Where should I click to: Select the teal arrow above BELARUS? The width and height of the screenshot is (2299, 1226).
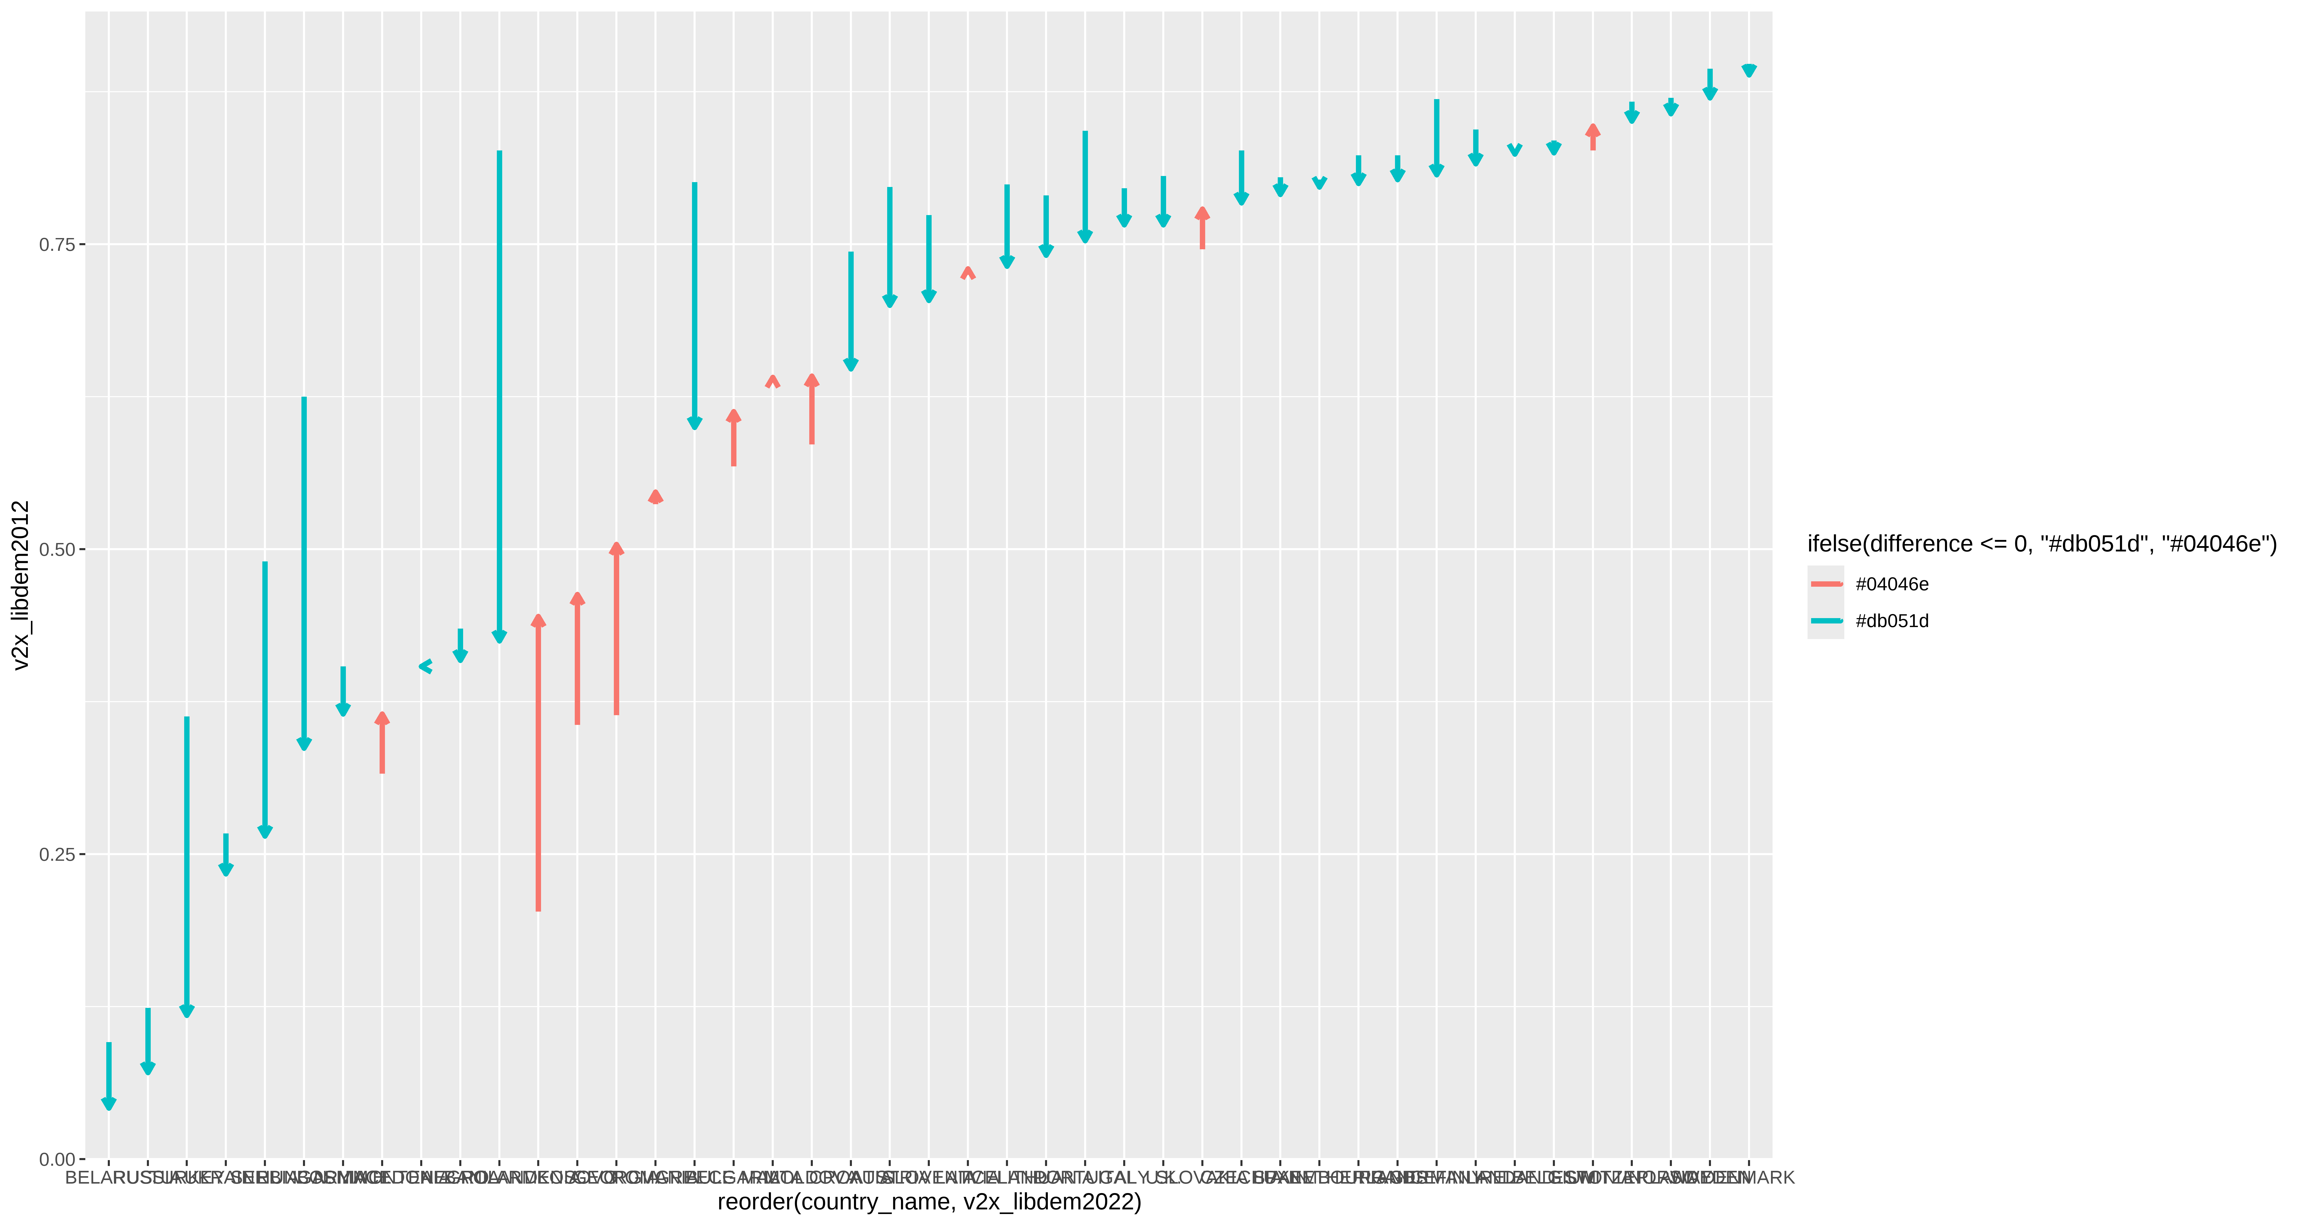[x=109, y=1075]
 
